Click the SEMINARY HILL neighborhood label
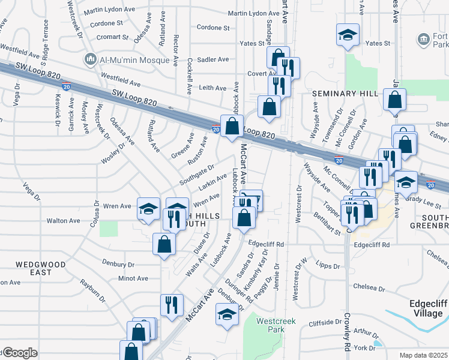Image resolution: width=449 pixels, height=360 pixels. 345,94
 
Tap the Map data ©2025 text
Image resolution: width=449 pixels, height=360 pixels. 423,355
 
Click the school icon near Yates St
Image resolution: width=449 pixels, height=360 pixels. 348,35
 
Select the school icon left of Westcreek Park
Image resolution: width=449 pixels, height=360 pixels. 227,314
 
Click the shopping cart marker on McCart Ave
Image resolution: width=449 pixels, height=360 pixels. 251,200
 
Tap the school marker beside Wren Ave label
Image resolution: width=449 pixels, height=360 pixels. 148,209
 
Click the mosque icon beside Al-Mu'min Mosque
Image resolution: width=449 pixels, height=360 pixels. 91,58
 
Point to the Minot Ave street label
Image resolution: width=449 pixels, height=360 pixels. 133,278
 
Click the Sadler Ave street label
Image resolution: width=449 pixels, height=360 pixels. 214,59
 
